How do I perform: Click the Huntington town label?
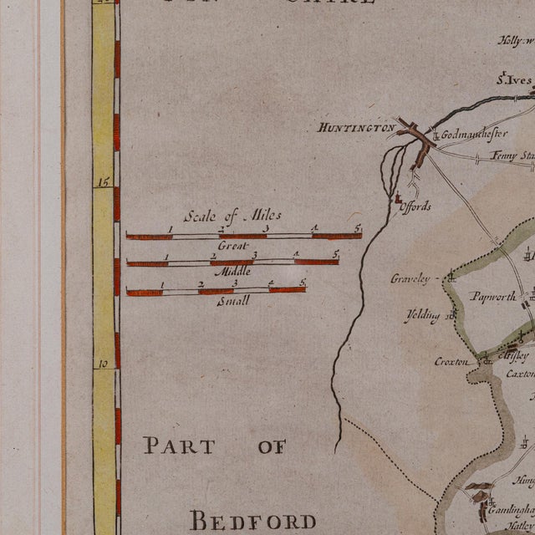pos(356,128)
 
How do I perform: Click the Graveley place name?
pos(410,278)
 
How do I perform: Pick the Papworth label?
pos(490,295)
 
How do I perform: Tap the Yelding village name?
pos(422,316)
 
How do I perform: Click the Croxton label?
pos(450,362)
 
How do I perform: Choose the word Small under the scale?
pos(232,301)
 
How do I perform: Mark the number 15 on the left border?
pos(104,181)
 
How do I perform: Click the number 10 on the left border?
pos(104,364)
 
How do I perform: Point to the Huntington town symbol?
pos(415,134)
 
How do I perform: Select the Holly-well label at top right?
pos(517,39)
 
